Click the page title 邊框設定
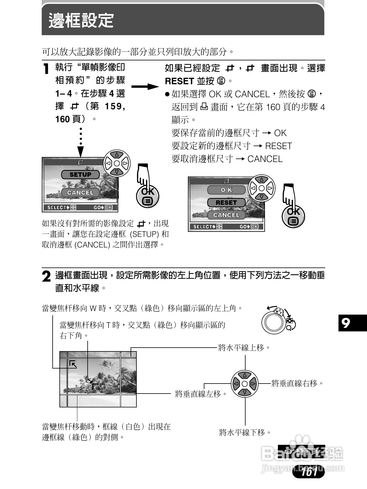point(81,21)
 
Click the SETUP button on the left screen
point(80,175)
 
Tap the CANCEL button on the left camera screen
point(80,193)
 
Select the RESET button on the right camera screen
point(226,203)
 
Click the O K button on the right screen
point(226,190)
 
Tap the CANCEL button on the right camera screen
point(226,215)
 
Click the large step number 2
point(46,277)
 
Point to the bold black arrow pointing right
point(145,87)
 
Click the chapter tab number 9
point(346,323)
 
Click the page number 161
point(309,472)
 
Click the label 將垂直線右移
point(297,383)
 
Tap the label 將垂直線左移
point(201,394)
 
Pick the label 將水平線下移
point(245,432)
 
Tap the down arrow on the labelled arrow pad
point(244,392)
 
